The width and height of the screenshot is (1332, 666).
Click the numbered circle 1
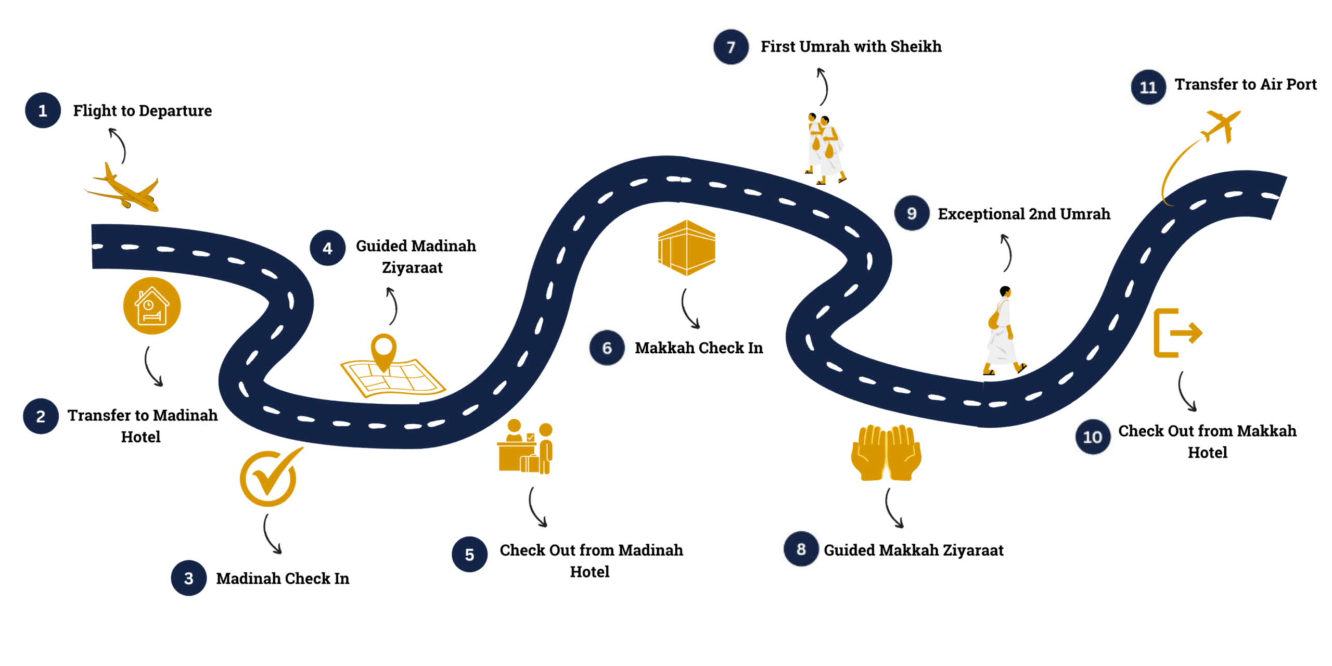[x=43, y=110]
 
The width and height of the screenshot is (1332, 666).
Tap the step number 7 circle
[x=731, y=47]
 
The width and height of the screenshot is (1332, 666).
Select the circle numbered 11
[x=1148, y=87]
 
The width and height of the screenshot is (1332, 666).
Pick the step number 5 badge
[x=469, y=554]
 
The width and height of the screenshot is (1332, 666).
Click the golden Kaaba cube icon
[x=686, y=248]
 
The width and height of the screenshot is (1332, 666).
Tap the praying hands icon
[x=886, y=452]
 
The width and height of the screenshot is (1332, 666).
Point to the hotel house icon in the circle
[x=151, y=306]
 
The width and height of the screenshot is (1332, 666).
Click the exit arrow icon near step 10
[x=1177, y=333]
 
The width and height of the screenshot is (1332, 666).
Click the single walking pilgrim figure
[x=1003, y=331]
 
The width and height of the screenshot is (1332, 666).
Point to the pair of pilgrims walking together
[x=824, y=148]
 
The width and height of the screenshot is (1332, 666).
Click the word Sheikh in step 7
[x=916, y=47]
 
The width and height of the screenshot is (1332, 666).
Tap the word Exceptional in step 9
[x=981, y=214]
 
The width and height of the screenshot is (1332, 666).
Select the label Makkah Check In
[x=698, y=348]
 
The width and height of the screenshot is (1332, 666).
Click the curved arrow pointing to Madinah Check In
[x=271, y=535]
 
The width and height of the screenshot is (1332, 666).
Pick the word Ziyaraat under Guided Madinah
[x=412, y=268]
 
